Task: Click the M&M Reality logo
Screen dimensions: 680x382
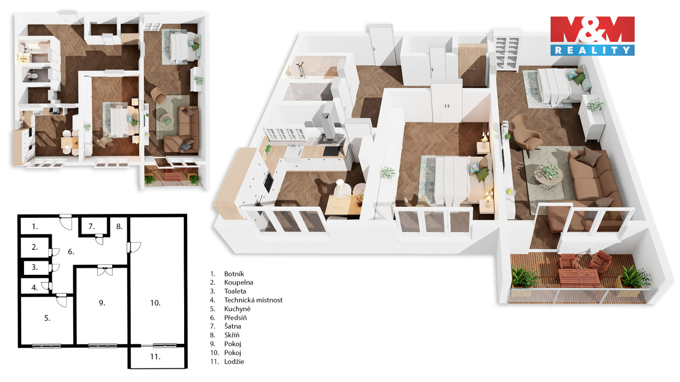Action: point(592,36)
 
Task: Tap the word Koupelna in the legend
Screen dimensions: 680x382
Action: point(238,282)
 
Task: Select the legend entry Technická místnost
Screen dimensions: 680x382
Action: point(253,300)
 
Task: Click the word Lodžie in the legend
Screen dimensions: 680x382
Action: point(234,361)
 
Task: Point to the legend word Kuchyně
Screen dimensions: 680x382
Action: point(238,309)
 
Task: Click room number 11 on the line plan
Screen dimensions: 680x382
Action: point(155,357)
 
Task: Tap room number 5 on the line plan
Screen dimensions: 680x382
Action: point(47,318)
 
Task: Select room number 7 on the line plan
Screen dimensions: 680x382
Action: point(92,226)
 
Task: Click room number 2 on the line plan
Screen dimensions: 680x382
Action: point(35,247)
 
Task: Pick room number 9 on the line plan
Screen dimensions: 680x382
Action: point(102,303)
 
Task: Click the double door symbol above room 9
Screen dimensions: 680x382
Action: point(105,270)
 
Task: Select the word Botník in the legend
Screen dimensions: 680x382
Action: point(234,274)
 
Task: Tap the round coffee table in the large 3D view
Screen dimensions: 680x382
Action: point(548,177)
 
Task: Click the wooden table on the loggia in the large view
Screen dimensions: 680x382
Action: point(579,277)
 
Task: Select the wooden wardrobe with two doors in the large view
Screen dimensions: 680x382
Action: point(472,65)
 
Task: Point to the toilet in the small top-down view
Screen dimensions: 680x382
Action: point(32,75)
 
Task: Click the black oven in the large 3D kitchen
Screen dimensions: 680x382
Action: point(269,182)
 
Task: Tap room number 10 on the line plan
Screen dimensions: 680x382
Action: point(155,303)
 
